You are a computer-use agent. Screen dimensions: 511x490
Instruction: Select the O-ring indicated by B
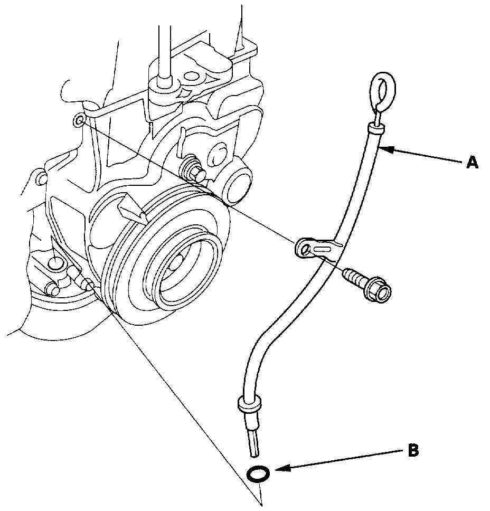tap(259, 474)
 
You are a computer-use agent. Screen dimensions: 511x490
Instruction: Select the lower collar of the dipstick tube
tap(250, 404)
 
